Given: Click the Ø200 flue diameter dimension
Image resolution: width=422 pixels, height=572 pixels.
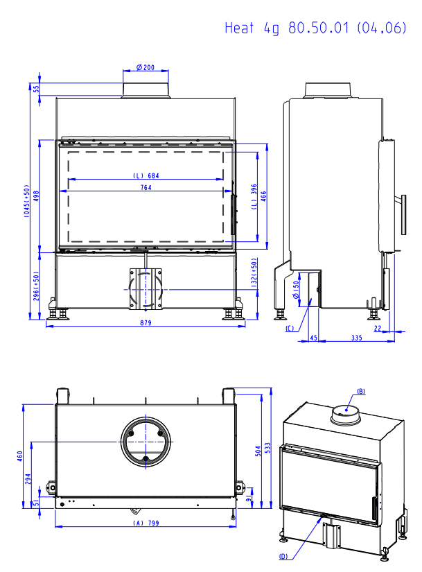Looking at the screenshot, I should [x=146, y=67].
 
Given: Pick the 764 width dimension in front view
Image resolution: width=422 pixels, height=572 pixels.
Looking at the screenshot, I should [x=146, y=188].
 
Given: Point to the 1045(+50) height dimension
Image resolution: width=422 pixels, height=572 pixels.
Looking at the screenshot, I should [x=27, y=202].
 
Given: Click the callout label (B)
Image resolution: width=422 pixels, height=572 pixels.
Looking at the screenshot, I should [x=360, y=391].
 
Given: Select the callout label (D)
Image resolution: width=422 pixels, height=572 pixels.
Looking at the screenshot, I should [x=283, y=557].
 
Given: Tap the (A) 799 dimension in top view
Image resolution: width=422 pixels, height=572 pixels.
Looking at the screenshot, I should [x=146, y=523].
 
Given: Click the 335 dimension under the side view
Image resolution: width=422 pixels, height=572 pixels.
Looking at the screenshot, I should [x=356, y=338].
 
